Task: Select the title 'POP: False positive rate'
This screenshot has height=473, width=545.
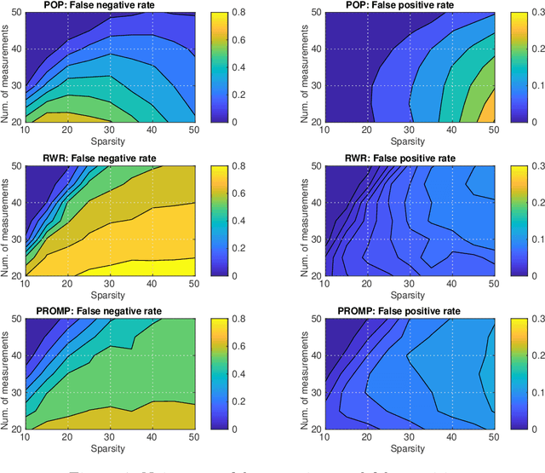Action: tap(402, 5)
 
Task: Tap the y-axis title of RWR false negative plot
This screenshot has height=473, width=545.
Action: tap(7, 220)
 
